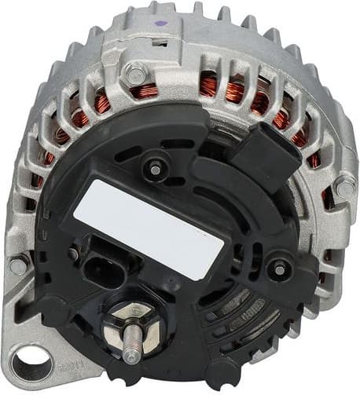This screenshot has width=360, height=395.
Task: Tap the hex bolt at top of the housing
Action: click(x=136, y=75)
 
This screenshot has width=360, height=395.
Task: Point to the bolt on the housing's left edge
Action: click(x=17, y=265)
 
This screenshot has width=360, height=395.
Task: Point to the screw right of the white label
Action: click(x=276, y=268)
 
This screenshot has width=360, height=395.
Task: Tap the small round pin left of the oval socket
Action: click(x=74, y=254)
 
